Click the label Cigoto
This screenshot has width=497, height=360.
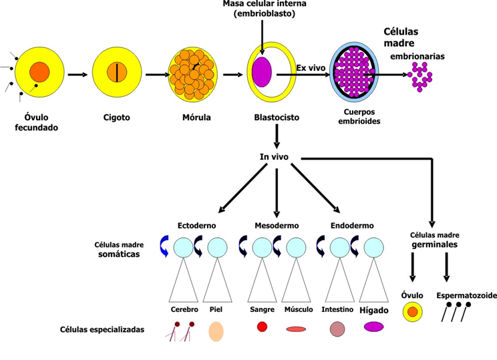[x=117, y=118]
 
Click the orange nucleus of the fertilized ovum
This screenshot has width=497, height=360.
[x=39, y=71]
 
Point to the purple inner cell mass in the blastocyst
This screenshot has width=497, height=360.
[x=261, y=71]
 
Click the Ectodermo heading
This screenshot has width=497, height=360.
[x=196, y=226]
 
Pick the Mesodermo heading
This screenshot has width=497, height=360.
[x=277, y=226]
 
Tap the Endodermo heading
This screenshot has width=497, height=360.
[x=352, y=226]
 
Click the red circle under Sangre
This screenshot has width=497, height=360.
[x=262, y=327]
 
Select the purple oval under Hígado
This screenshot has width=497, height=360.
[x=373, y=327]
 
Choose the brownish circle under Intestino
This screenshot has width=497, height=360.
[x=337, y=329]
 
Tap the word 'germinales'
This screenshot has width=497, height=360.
[x=434, y=245]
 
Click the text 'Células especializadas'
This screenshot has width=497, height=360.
[x=102, y=329]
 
